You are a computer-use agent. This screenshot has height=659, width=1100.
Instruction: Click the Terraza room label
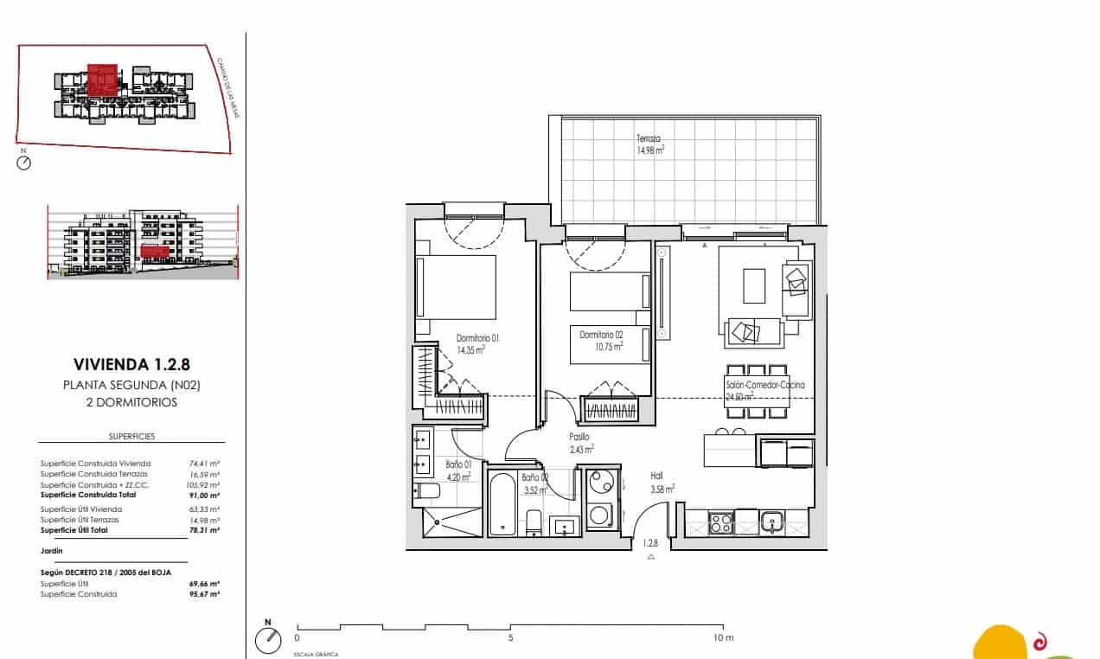coord(649,138)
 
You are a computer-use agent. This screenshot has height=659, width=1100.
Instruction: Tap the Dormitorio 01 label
coord(478,338)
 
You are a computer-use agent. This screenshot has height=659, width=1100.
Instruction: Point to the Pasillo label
coord(579,438)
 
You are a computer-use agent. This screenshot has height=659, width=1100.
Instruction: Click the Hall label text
coord(657,476)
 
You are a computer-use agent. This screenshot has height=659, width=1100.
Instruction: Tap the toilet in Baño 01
coord(427,492)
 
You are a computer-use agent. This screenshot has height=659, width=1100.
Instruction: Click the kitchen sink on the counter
coord(772,521)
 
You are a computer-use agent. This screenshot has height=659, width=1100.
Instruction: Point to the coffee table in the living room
coord(754,286)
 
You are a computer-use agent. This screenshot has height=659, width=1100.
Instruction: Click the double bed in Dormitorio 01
coord(457,286)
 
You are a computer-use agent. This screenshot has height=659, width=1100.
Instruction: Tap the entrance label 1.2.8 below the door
coord(650,544)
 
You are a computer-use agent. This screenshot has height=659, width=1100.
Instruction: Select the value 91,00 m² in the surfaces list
coord(204,496)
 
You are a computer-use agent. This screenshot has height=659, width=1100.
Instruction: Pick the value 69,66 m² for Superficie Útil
coord(204,584)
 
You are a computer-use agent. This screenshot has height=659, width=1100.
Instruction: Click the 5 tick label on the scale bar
coord(511,638)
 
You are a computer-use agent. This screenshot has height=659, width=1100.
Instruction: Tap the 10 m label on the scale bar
coord(723,638)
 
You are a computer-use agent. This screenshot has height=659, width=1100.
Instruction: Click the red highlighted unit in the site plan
coord(103,80)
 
